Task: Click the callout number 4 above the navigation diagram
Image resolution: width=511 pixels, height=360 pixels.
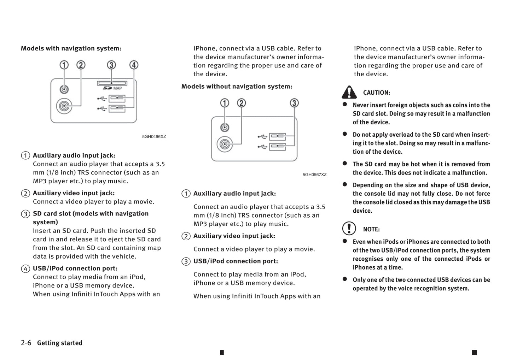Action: pyautogui.click(x=134, y=65)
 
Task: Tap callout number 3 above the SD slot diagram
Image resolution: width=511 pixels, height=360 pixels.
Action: pyautogui.click(x=111, y=65)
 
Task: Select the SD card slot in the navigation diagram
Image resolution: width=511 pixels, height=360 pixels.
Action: pyautogui.click(x=112, y=83)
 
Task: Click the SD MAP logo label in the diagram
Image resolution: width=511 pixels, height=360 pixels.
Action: pyautogui.click(x=112, y=88)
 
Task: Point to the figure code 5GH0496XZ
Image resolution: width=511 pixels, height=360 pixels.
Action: pyautogui.click(x=154, y=137)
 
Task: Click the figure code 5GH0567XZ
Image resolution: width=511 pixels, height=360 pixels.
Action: pyautogui.click(x=314, y=175)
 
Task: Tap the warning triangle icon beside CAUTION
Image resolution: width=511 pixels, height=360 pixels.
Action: pyautogui.click(x=349, y=92)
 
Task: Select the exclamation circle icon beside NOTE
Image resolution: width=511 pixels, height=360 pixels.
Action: pyautogui.click(x=349, y=229)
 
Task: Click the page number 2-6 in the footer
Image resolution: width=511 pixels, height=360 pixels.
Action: pyautogui.click(x=26, y=343)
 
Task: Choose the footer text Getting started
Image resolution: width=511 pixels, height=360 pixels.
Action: pyautogui.click(x=59, y=343)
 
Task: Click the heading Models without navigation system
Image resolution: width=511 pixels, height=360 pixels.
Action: pyautogui.click(x=237, y=87)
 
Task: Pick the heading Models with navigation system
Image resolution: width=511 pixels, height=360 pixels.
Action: pyautogui.click(x=71, y=48)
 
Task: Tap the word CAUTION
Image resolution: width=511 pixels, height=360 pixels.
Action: pyautogui.click(x=377, y=93)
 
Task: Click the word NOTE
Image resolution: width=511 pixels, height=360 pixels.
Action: pyautogui.click(x=371, y=229)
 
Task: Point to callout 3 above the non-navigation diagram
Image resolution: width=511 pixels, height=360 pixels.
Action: pyautogui.click(x=294, y=103)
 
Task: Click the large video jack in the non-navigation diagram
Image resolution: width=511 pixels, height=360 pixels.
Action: pyautogui.click(x=225, y=144)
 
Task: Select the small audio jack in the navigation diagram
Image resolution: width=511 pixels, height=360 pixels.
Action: pyautogui.click(x=64, y=89)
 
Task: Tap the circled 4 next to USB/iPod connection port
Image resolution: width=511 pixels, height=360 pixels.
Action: pyautogui.click(x=25, y=268)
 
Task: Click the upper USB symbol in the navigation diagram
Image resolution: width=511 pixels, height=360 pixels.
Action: pyautogui.click(x=102, y=98)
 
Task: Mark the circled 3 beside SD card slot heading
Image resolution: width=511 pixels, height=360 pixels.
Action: pyautogui.click(x=25, y=214)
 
